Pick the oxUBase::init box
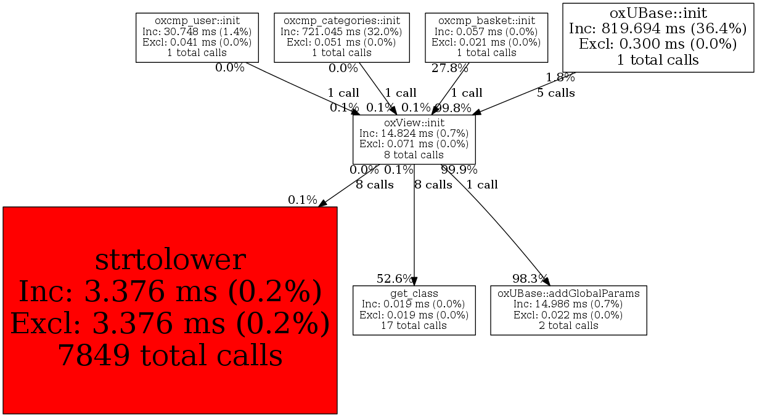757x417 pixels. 658,37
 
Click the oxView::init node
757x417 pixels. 414,139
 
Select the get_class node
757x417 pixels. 414,310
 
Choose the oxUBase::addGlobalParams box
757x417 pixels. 568,310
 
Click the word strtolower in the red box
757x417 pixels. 170,260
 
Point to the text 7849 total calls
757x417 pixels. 170,355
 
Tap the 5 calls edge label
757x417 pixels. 555,94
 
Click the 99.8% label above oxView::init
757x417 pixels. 453,108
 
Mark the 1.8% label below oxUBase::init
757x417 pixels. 560,78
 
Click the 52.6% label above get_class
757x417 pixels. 395,279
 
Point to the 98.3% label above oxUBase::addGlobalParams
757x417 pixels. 530,279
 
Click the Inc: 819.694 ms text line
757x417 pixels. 658,28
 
